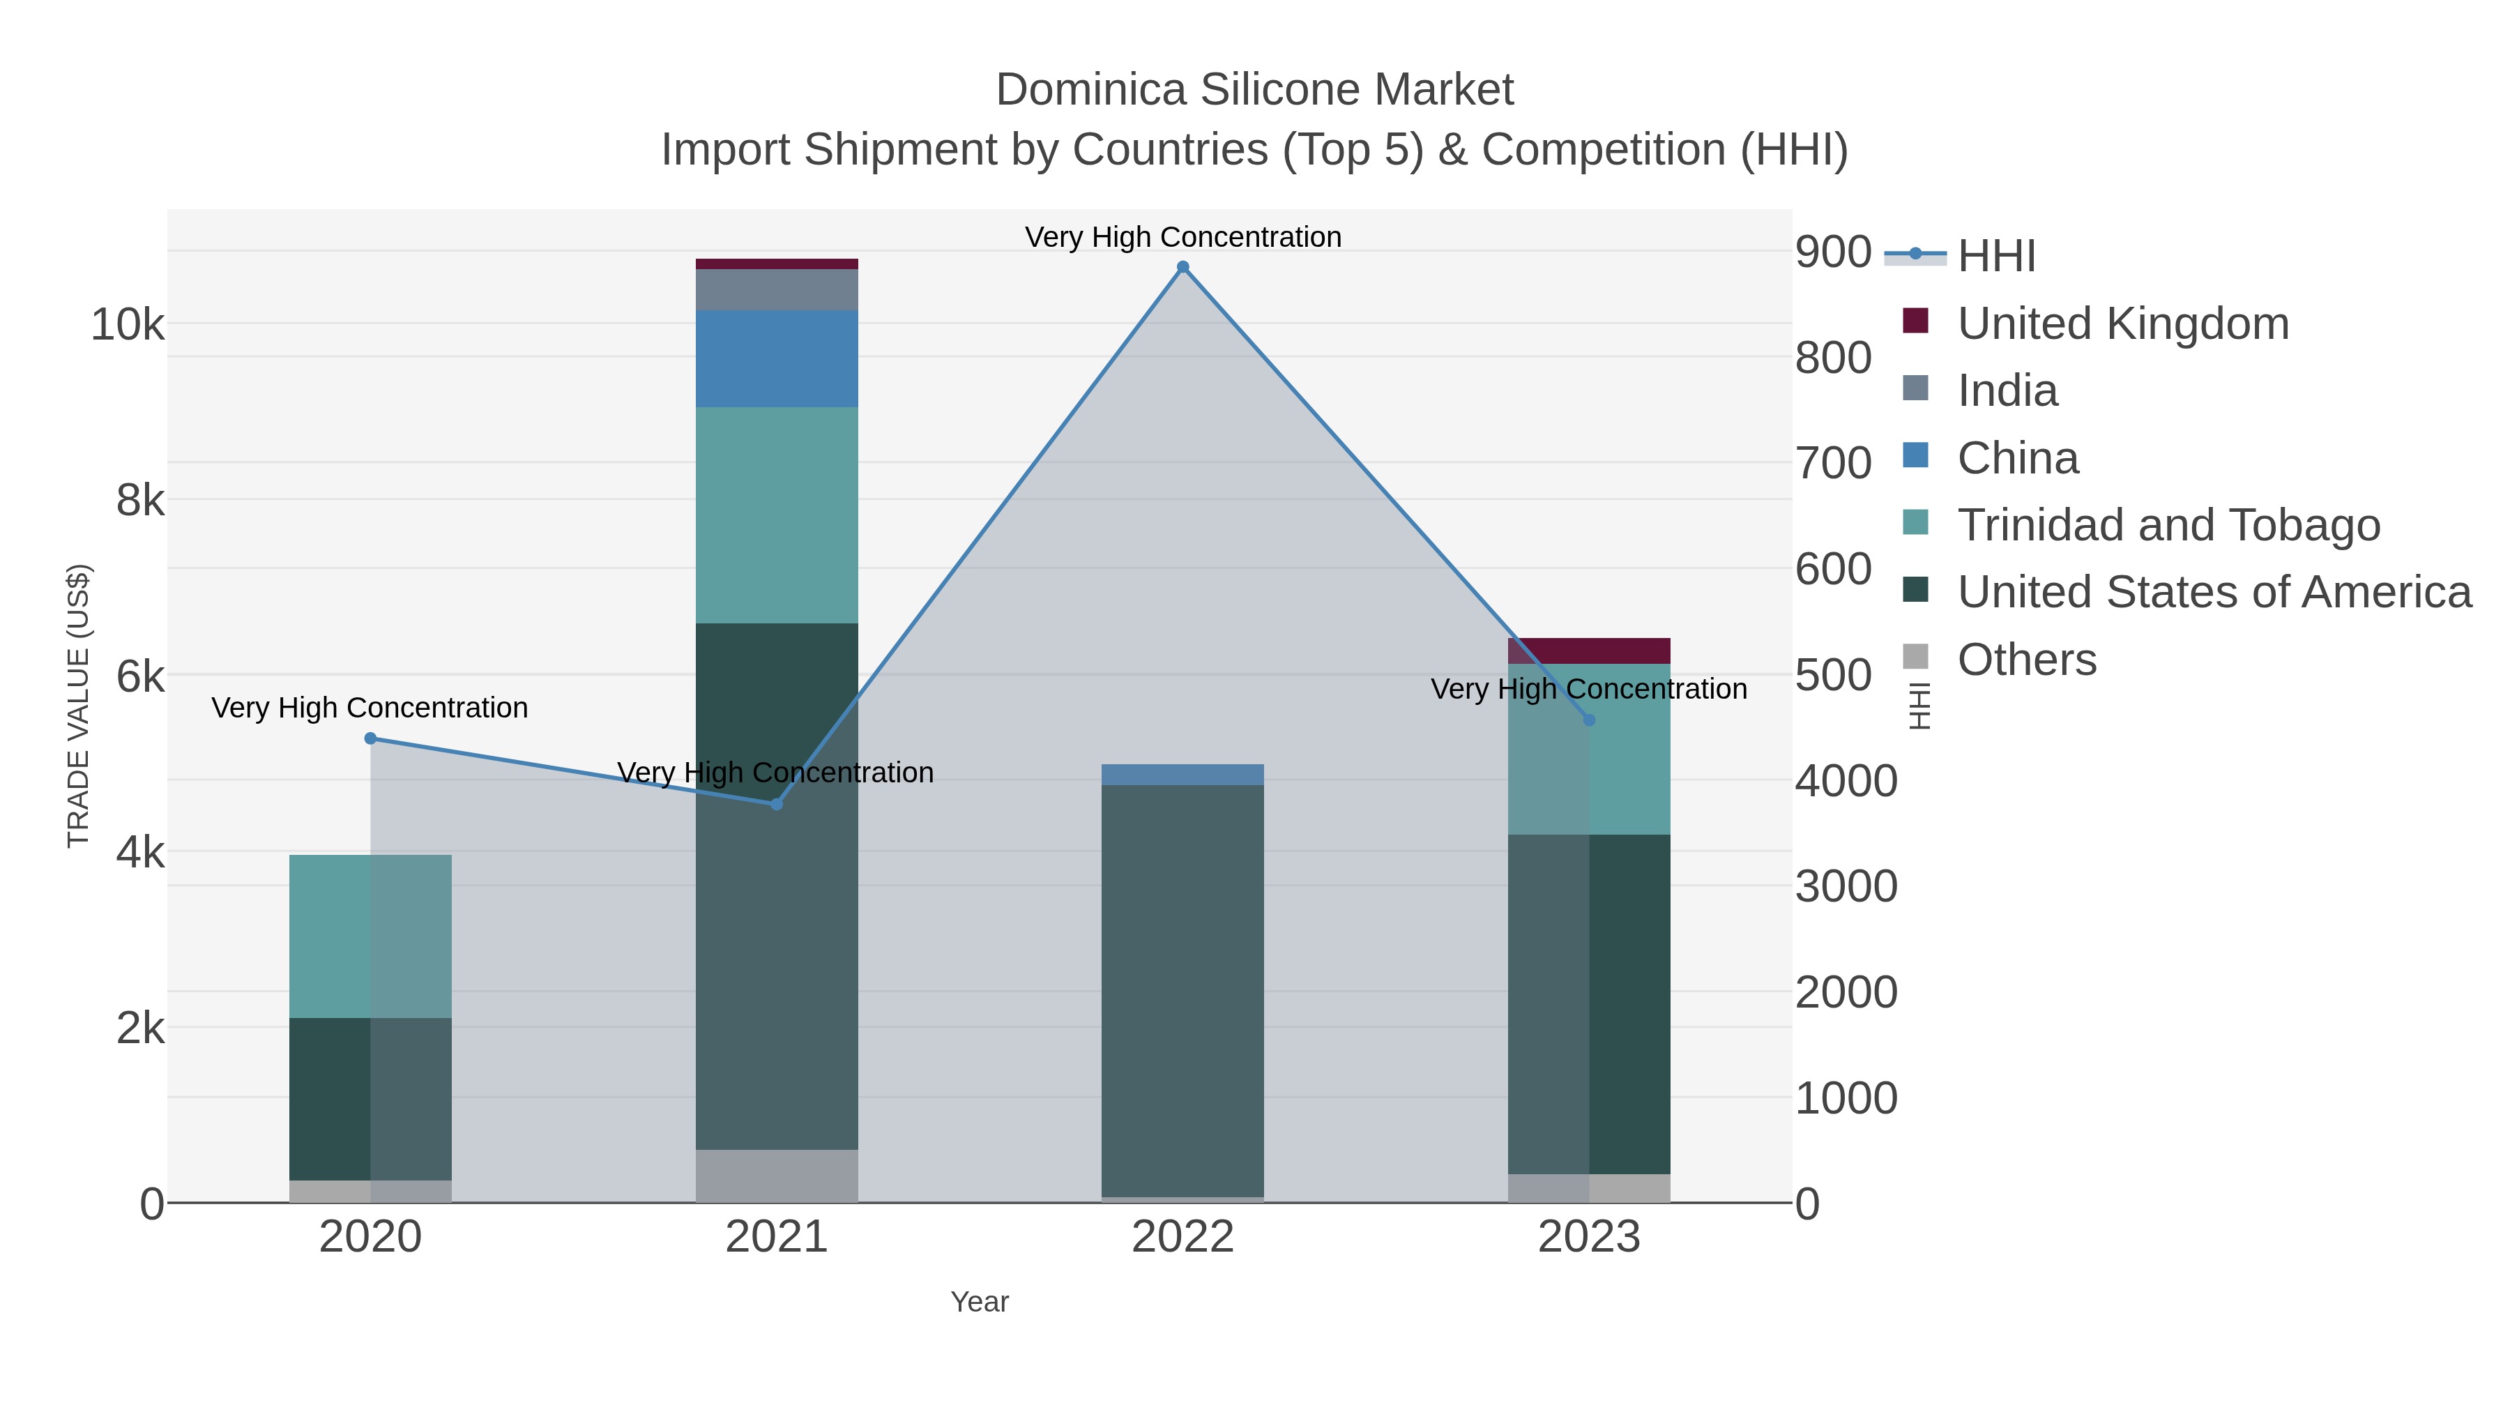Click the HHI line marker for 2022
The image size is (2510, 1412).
pos(1183,267)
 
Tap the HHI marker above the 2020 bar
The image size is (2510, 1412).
pos(370,738)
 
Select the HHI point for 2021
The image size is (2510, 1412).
pos(777,804)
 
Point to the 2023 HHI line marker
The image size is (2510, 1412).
pos(1589,720)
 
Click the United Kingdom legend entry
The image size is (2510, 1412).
pos(2122,324)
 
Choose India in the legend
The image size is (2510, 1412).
pos(2007,390)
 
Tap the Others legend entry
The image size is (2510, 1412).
pos(2027,660)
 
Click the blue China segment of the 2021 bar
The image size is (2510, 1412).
pos(777,358)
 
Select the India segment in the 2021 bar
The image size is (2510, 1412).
pos(777,289)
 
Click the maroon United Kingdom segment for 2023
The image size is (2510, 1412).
pos(1589,651)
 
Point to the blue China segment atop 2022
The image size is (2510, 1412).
pos(1183,775)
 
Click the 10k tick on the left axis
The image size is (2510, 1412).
pos(128,324)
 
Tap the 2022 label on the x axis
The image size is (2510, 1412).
pos(1183,1238)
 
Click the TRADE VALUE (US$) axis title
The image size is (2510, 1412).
pos(78,706)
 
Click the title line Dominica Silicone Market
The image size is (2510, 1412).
pos(1254,90)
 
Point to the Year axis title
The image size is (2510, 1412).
pos(980,1302)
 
